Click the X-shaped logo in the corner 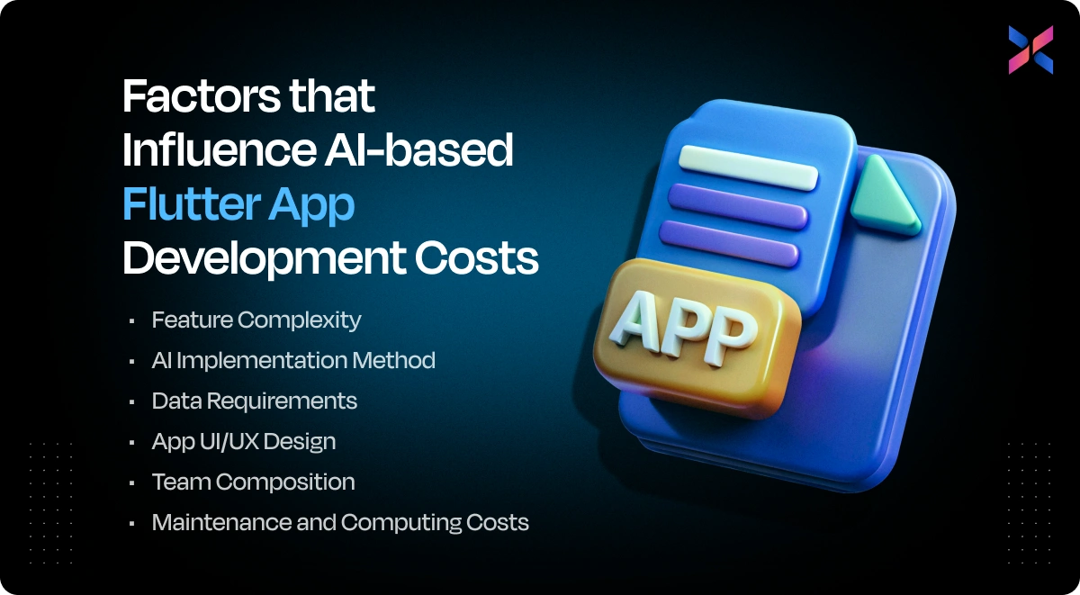pos(1030,50)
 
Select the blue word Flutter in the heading pos(186,204)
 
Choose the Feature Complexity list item pos(256,320)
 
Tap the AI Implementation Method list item pos(293,360)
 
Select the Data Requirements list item pos(255,401)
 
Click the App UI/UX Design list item pos(244,442)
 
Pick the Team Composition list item pos(254,482)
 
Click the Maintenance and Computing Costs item pos(340,522)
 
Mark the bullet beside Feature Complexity pos(132,320)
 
